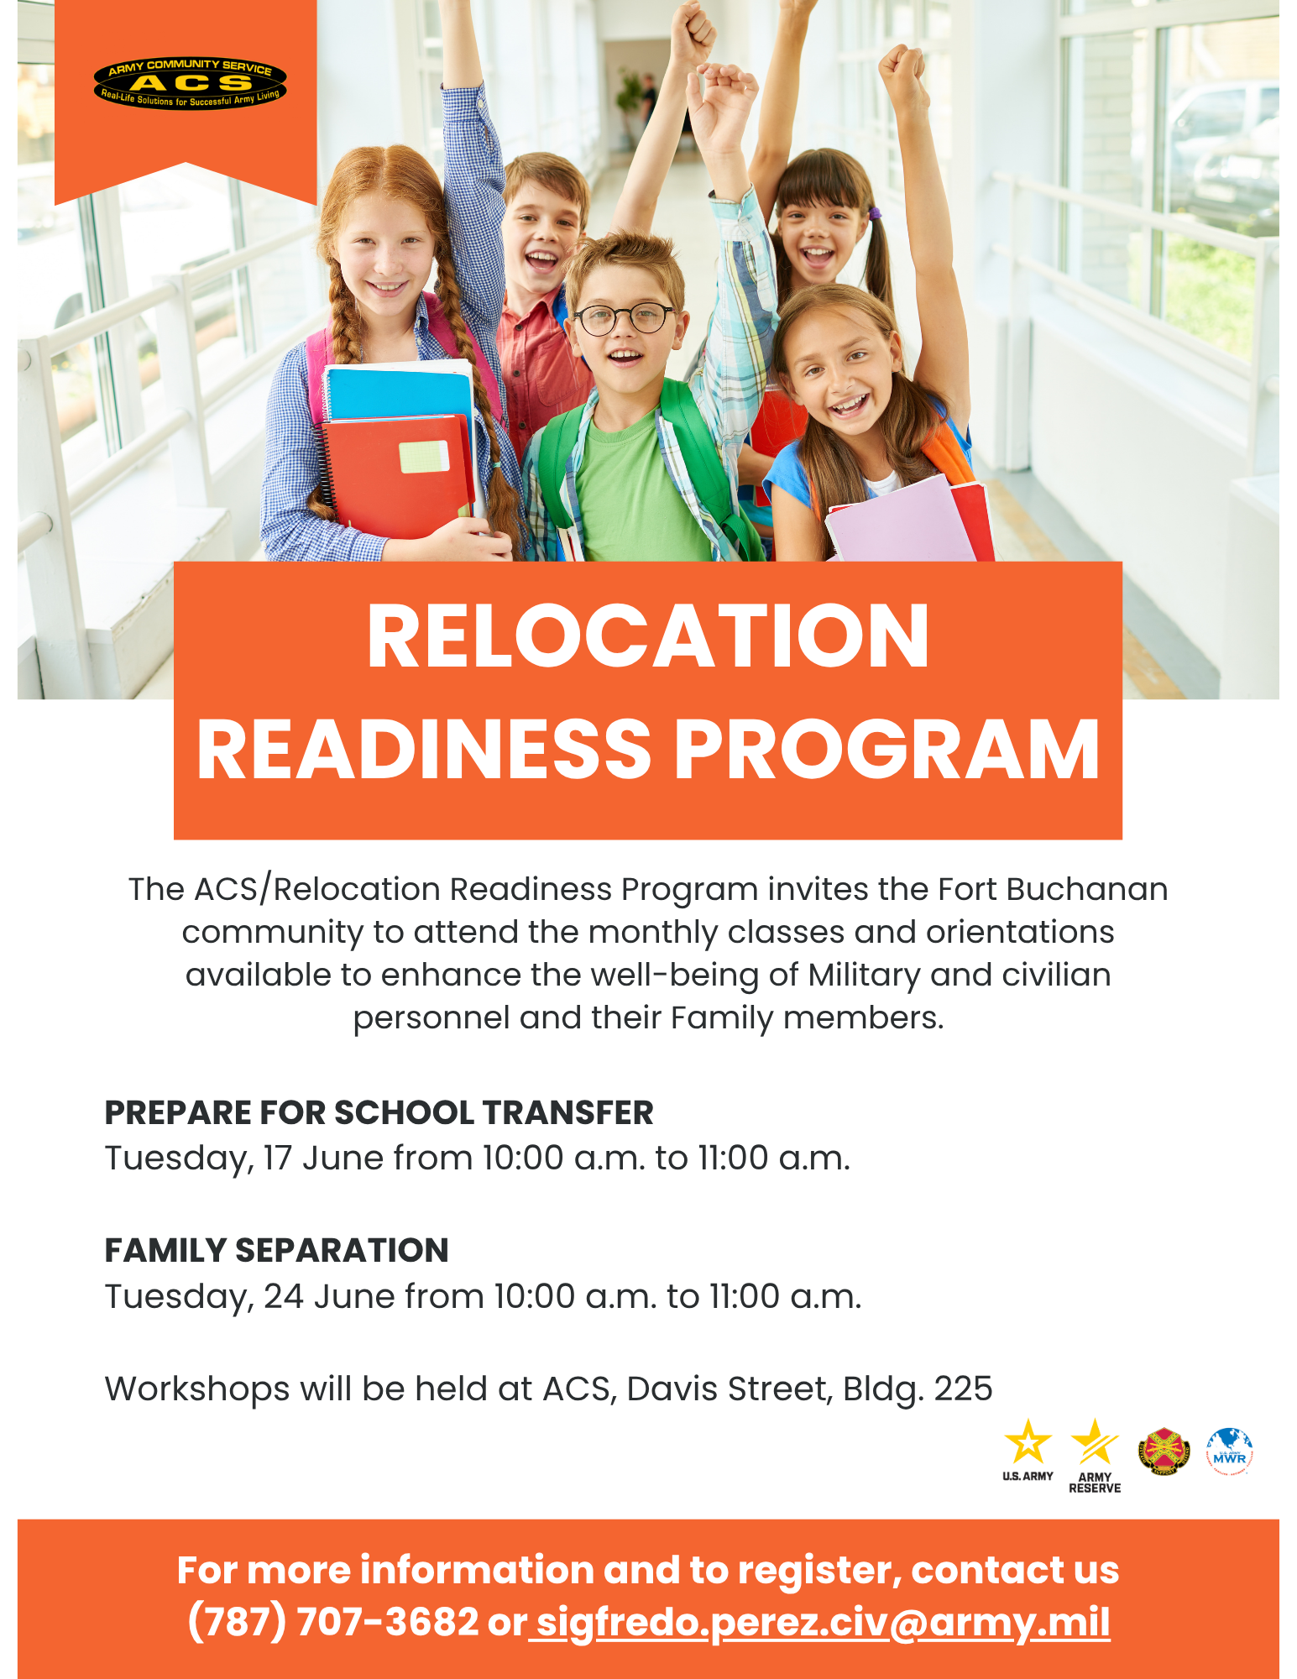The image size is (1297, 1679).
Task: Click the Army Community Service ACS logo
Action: (191, 83)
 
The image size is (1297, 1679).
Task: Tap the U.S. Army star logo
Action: (1028, 1451)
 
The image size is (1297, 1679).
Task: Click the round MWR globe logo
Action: (1230, 1451)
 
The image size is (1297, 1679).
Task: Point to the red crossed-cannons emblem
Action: (1164, 1452)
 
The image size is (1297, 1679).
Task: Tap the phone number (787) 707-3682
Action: (332, 1621)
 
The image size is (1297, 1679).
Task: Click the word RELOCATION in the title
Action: (648, 636)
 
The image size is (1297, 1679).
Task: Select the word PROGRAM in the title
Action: (886, 750)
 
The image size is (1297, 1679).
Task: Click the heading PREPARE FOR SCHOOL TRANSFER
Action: (379, 1112)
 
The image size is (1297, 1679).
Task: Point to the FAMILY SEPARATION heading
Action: (276, 1250)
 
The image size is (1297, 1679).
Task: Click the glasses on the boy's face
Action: (625, 318)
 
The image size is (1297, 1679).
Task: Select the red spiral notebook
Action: (397, 475)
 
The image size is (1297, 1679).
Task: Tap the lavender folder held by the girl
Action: (900, 520)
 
